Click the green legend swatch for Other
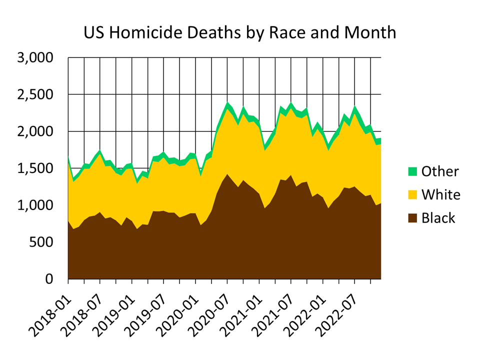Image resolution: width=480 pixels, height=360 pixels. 412,171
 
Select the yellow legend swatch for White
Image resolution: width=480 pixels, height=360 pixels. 412,194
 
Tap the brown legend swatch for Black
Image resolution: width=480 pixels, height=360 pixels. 412,218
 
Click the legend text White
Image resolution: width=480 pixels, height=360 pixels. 440,194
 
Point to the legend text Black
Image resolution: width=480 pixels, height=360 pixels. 438,218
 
